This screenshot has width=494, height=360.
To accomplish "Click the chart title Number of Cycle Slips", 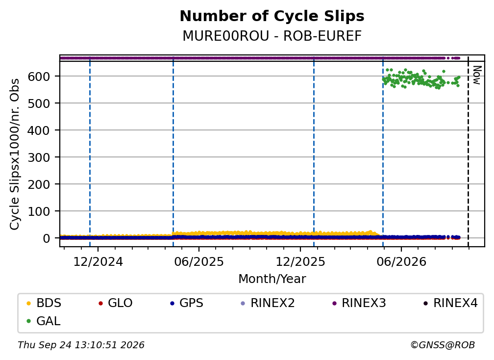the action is point(272,16).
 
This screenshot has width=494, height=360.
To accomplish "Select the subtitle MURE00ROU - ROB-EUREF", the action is point(272,36).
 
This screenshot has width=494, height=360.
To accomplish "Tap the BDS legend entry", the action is point(44,303).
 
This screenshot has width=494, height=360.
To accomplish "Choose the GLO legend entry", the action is point(115,303).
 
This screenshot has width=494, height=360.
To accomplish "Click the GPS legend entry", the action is point(187,303).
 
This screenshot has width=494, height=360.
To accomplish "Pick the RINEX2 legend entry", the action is point(268,303).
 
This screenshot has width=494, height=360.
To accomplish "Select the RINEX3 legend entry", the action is point(359,303).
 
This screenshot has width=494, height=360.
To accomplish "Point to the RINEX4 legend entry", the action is point(450,303).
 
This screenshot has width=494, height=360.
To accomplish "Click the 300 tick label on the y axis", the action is point(39,157).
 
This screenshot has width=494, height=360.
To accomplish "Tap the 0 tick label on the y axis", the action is point(46,238).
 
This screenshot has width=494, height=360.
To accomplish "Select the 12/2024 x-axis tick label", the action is point(98,262).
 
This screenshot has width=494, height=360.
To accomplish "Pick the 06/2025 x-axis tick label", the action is point(199,262).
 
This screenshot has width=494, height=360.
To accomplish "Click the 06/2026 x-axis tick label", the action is point(401,262).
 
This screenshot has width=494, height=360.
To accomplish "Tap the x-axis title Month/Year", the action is point(272,279).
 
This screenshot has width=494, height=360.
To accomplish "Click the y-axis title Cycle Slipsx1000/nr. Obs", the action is point(15,154).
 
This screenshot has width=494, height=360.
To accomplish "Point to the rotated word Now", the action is point(477,75).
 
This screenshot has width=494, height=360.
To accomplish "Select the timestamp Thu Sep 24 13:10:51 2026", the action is point(81,345).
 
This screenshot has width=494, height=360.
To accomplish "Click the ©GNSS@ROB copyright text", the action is point(443,345).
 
